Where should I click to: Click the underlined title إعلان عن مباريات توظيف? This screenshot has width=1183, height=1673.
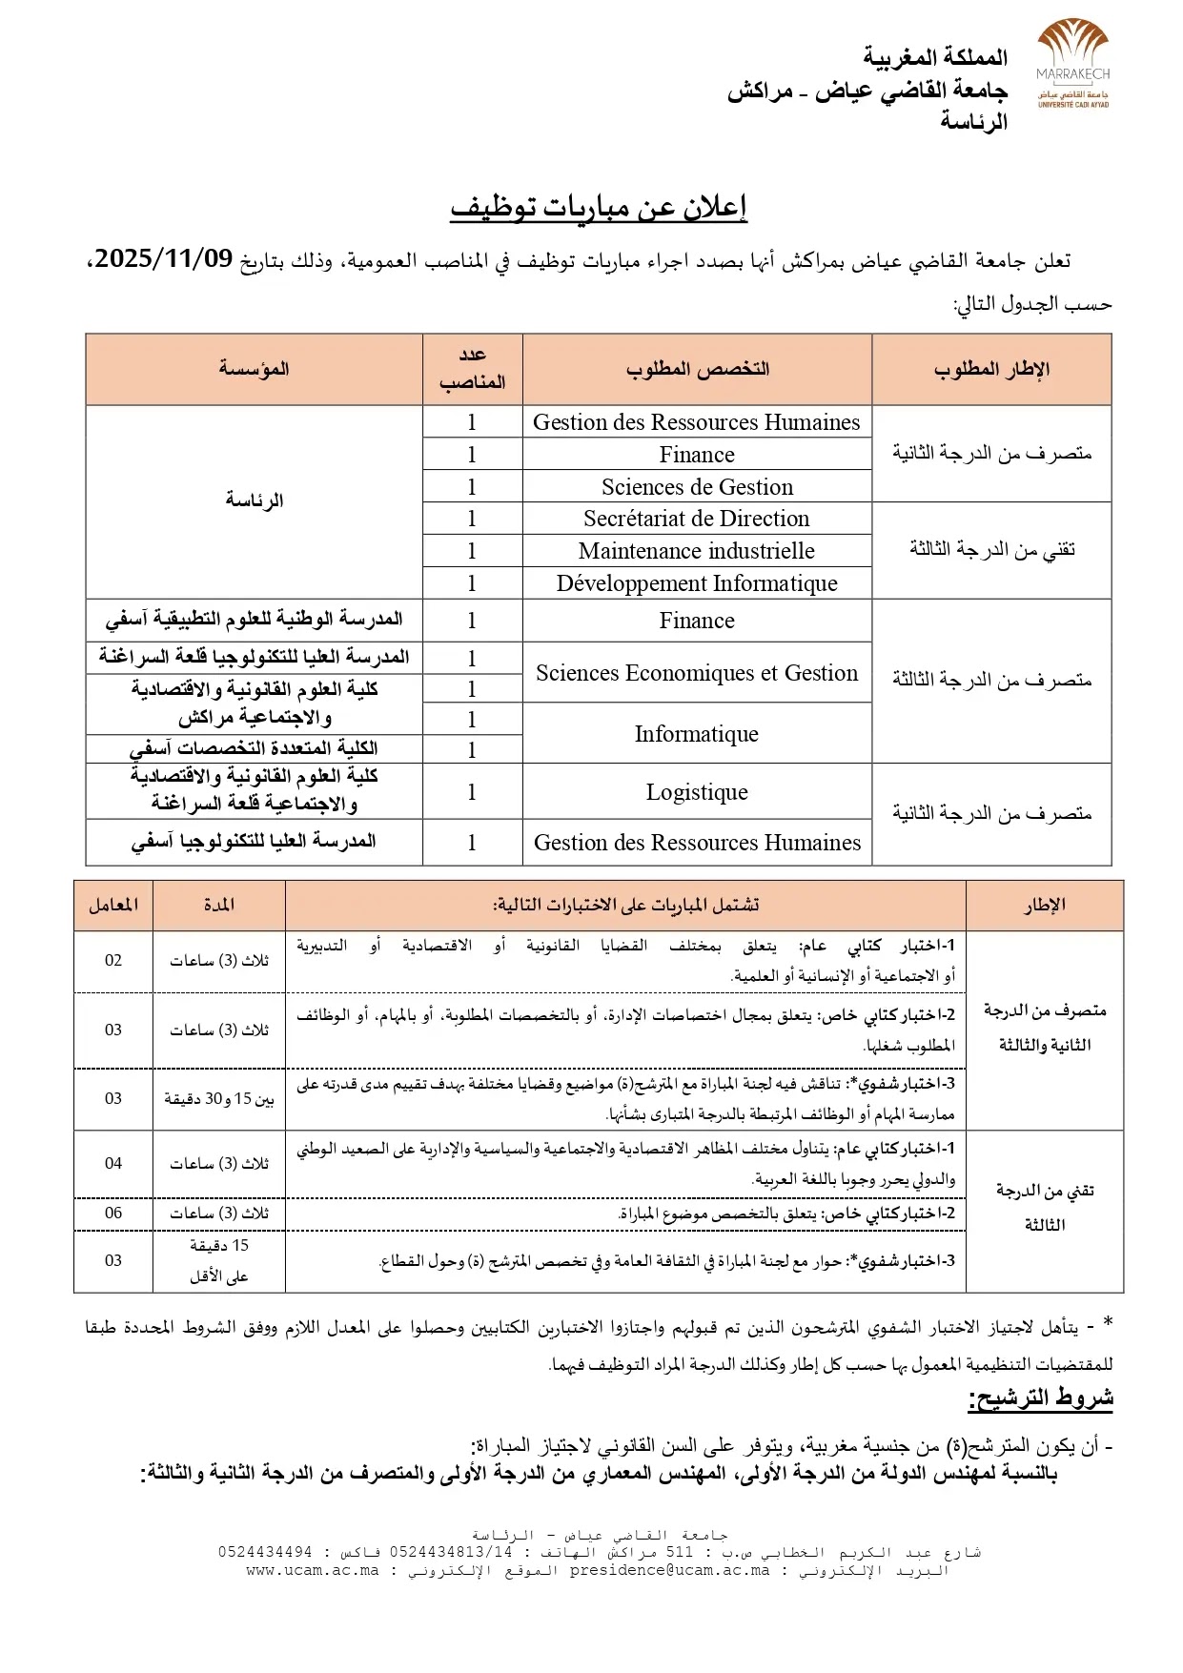[x=598, y=207]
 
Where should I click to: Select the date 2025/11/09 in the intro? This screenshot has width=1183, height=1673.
[x=164, y=258]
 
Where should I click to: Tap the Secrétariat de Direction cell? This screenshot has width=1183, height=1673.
[x=696, y=519]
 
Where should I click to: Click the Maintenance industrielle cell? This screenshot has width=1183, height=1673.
[x=696, y=551]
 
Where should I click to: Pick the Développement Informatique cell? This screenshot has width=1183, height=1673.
[x=696, y=583]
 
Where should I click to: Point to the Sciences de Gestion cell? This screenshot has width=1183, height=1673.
[x=696, y=487]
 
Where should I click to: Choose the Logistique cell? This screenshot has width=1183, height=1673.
[x=696, y=792]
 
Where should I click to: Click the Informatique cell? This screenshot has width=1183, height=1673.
[x=696, y=734]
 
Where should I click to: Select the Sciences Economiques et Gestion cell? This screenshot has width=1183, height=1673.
[x=696, y=673]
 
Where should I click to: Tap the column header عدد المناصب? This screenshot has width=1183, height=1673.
[x=472, y=369]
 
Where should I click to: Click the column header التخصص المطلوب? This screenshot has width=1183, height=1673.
[x=697, y=369]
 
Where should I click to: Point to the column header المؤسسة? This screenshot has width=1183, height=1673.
[x=254, y=369]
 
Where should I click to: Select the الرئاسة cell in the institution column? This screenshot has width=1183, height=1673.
[x=254, y=500]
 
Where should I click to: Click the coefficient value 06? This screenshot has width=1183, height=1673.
[x=113, y=1213]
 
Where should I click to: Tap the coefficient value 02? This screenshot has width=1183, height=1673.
[x=113, y=961]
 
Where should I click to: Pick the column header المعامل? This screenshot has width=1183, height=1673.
[x=113, y=905]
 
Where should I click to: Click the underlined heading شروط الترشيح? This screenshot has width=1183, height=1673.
[x=1040, y=1398]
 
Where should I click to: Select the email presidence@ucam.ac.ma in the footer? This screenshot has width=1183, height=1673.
[x=669, y=1571]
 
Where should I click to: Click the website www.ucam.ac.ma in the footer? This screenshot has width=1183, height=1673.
[x=312, y=1571]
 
